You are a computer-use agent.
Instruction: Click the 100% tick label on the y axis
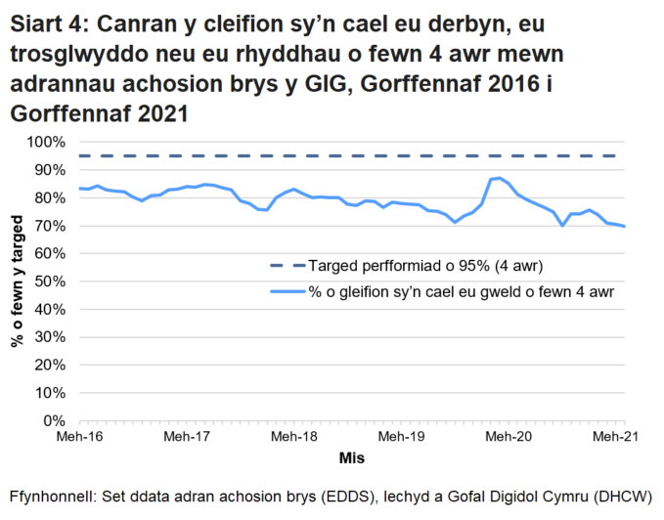45,143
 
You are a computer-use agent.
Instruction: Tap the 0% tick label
53,421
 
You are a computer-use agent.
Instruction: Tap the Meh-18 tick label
293,437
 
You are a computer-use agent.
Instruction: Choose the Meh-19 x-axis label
401,437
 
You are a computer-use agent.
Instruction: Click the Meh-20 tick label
509,437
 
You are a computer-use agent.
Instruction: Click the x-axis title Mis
352,457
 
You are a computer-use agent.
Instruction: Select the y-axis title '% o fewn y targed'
17,282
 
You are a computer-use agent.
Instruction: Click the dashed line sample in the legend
286,265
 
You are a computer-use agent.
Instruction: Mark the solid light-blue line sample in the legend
286,290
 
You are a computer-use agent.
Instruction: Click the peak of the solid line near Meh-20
500,178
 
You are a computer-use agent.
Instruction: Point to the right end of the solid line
625,227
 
